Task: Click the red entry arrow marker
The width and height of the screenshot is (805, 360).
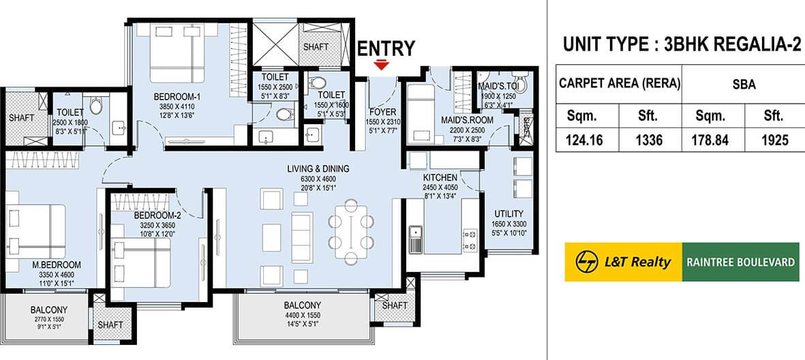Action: [382, 65]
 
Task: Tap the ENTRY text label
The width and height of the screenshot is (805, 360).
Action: [386, 48]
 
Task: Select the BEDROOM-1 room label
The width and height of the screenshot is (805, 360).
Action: [176, 97]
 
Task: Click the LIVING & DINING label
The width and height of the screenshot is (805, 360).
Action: [318, 169]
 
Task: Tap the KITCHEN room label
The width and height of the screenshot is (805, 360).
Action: [440, 177]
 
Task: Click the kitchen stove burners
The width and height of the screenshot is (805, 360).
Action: [469, 239]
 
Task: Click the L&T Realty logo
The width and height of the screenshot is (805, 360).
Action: [623, 262]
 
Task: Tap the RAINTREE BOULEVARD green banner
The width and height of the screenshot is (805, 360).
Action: [740, 262]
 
